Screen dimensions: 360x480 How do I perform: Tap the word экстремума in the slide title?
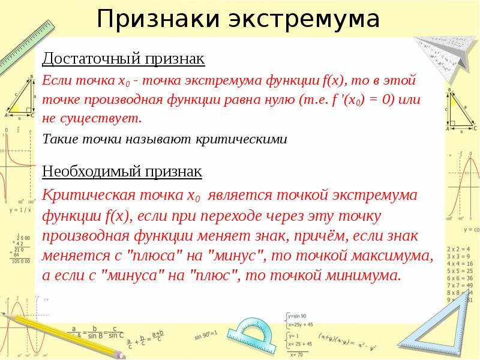[303, 20]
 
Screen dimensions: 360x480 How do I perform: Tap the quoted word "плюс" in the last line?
[215, 276]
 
